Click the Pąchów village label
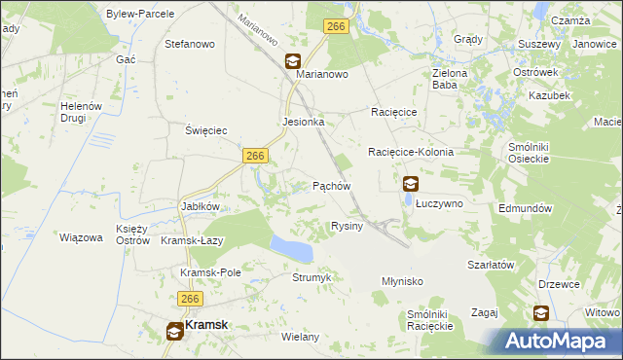click(331, 185)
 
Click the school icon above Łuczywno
click(411, 183)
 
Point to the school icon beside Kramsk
click(174, 331)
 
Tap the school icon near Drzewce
click(540, 313)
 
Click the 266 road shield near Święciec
click(255, 156)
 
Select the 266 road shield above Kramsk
click(190, 300)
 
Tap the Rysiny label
click(347, 226)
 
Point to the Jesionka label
click(303, 123)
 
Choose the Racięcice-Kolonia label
click(411, 153)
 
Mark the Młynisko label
click(401, 280)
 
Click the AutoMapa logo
click(559, 341)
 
